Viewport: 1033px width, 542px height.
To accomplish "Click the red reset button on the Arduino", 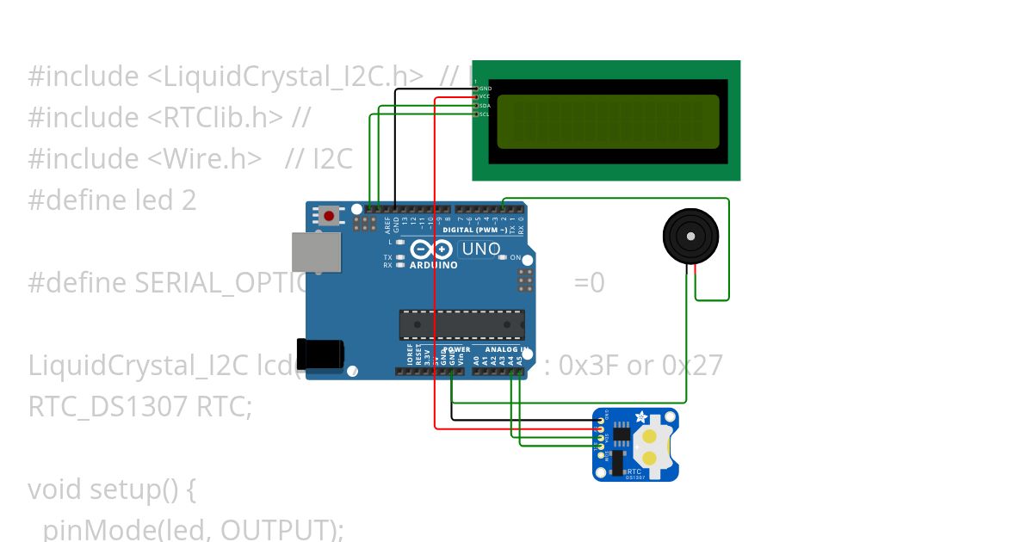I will click(x=329, y=215).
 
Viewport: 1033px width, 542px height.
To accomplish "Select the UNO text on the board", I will click(x=481, y=249).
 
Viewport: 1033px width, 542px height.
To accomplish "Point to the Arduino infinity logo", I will click(x=431, y=250).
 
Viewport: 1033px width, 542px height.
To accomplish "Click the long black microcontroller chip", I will click(x=461, y=324).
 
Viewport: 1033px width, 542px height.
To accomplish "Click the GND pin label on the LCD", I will click(x=486, y=89).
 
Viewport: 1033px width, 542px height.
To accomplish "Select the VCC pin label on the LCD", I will click(x=486, y=96).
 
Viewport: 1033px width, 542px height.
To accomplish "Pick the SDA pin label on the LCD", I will click(x=486, y=105).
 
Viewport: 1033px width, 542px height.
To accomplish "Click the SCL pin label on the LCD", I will click(x=486, y=114).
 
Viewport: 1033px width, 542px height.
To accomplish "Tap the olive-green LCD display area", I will click(x=608, y=121).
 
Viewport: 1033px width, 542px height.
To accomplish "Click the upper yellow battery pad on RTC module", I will click(x=650, y=436).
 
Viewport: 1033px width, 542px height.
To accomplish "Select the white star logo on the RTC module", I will click(x=641, y=417).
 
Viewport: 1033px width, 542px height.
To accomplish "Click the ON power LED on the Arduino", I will click(x=516, y=257).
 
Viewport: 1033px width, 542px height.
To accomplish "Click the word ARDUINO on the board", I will click(x=433, y=266).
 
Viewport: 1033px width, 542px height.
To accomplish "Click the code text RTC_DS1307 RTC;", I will click(x=140, y=406).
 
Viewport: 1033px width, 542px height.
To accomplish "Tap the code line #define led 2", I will click(x=112, y=200).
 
